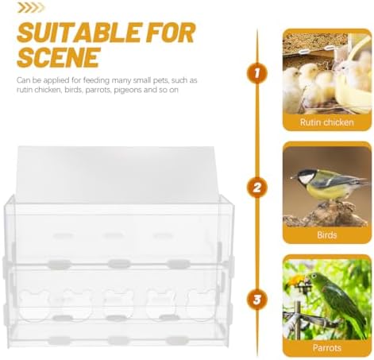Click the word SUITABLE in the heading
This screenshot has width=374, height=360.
coord(79,33)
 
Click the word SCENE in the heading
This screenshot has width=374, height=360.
coord(59,57)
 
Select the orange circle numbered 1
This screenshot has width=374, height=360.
coord(257,73)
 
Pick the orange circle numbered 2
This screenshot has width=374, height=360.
coord(257,188)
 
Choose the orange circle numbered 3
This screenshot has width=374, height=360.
coord(257,300)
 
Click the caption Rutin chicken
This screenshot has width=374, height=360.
coord(327,122)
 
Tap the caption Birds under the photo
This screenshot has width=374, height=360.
coord(327,235)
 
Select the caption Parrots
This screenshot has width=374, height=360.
coord(327,347)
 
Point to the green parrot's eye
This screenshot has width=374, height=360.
coord(314,276)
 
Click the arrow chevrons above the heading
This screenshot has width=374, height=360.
coord(30,8)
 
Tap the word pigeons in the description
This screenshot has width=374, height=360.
coord(128,90)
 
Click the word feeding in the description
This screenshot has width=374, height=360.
coord(96,80)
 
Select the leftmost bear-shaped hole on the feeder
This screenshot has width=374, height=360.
coord(35,304)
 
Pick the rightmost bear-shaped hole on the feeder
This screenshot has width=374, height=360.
coord(201,304)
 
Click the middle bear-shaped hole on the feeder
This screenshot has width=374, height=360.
coord(118,304)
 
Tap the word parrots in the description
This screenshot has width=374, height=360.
coord(98,90)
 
